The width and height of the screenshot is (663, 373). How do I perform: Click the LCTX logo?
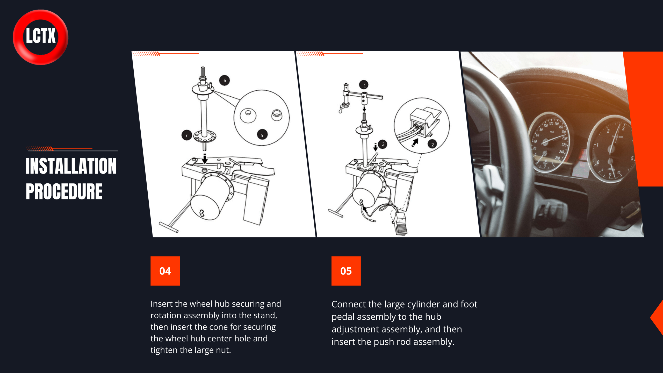[41, 37]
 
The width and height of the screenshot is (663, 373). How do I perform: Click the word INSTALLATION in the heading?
[71, 166]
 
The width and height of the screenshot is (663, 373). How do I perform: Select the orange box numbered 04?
[165, 271]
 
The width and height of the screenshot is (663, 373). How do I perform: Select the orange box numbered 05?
[346, 271]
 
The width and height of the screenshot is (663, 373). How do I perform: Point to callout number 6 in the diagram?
[225, 80]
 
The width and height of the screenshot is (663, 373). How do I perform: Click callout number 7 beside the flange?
[186, 135]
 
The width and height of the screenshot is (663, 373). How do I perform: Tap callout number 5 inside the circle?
[262, 135]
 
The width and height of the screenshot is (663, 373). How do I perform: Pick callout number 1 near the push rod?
[364, 85]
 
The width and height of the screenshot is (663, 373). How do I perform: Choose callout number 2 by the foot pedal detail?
[433, 145]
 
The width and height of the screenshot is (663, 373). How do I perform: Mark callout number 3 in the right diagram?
[383, 144]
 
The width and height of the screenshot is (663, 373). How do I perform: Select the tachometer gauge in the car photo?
[611, 149]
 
